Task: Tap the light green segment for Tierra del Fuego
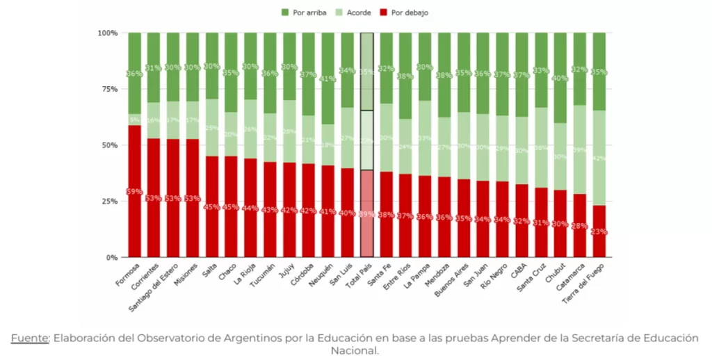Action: point(599,158)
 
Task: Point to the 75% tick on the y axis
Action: point(107,89)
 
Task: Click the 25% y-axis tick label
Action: point(107,202)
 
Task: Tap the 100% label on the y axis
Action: point(106,33)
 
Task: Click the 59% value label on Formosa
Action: point(134,191)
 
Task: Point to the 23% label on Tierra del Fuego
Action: point(599,232)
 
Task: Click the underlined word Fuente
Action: point(30,338)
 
